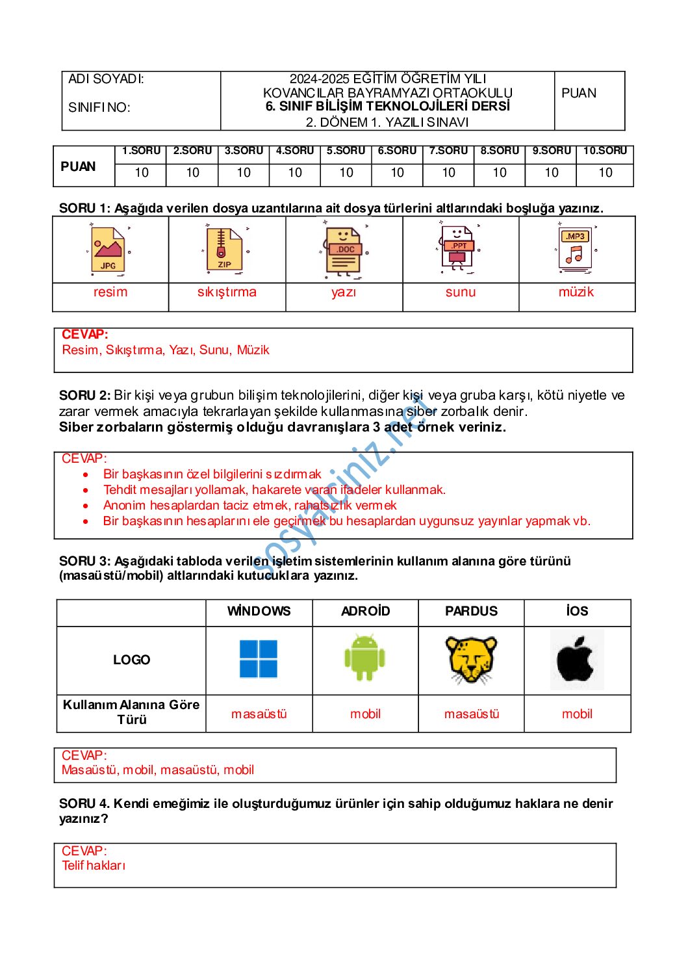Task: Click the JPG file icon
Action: tap(108, 250)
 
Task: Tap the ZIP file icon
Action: tap(224, 249)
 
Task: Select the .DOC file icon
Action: tap(344, 250)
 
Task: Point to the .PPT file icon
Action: tap(459, 249)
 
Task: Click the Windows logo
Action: tap(259, 659)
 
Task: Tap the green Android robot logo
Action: tap(364, 658)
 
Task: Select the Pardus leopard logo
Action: tap(471, 660)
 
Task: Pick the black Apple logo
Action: tap(576, 660)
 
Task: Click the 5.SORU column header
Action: tap(346, 151)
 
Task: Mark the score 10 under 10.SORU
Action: tap(605, 173)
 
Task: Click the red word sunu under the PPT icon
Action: tap(461, 292)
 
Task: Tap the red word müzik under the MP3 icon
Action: tap(576, 292)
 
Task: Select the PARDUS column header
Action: tap(471, 611)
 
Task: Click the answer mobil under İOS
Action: tap(577, 714)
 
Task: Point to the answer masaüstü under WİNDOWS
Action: tap(259, 714)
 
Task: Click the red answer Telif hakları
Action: tap(94, 865)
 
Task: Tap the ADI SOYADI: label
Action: tap(107, 79)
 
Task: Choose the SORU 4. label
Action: tap(85, 804)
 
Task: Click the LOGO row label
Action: tap(131, 660)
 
